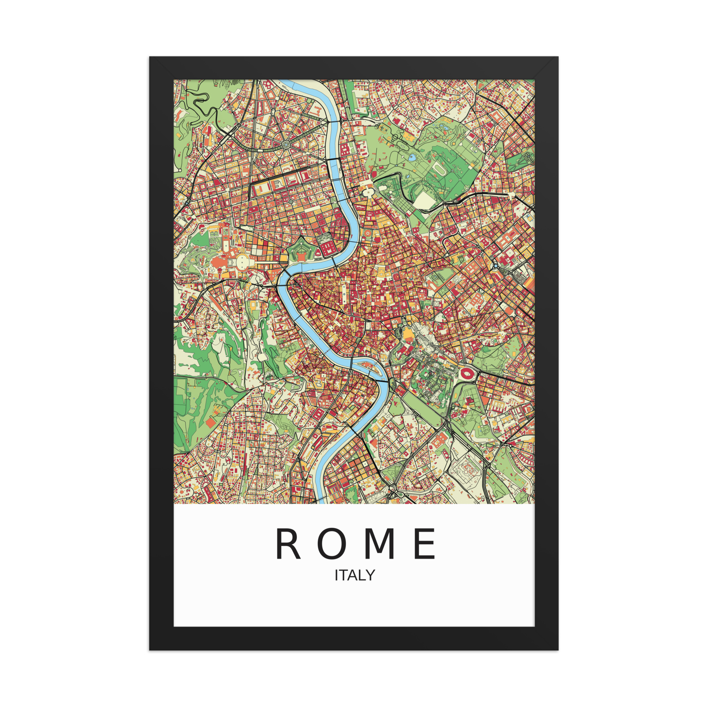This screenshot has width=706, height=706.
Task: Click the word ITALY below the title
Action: click(x=355, y=575)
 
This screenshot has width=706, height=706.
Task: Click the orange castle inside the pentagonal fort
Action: click(x=301, y=256)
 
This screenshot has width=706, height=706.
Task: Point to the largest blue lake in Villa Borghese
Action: click(x=412, y=157)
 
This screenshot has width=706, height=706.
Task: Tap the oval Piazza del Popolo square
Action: click(x=367, y=190)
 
